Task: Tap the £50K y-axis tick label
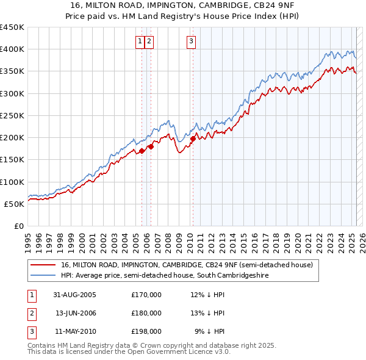click(15, 204)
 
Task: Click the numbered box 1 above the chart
click(140, 41)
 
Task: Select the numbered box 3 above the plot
click(191, 41)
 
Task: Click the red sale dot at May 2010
click(193, 139)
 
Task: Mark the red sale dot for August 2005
click(142, 151)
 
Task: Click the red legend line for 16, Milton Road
click(43, 265)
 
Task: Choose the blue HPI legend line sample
click(43, 276)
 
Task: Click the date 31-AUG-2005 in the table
click(75, 295)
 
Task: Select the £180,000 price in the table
click(146, 313)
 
